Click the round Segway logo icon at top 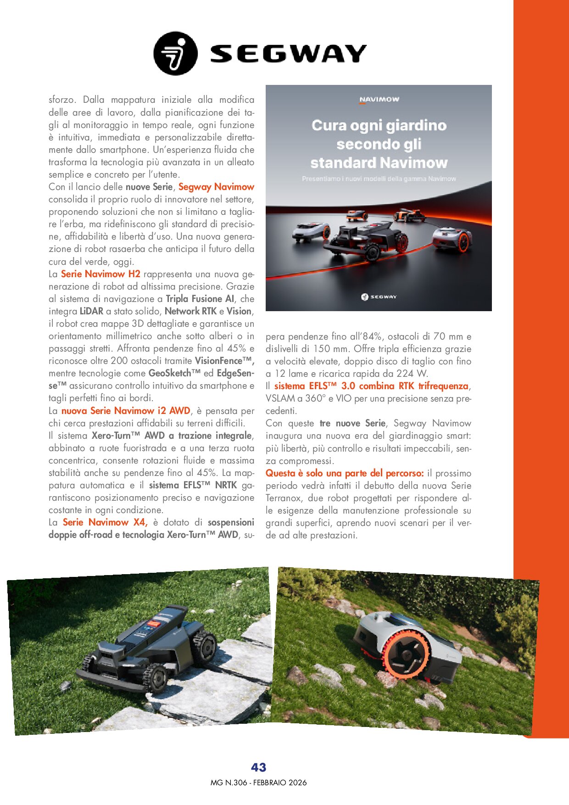[175, 53]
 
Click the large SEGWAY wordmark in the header [288, 54]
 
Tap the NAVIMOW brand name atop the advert [379, 99]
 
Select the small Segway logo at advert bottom [379, 297]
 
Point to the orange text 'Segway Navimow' [216, 187]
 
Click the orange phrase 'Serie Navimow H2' [100, 274]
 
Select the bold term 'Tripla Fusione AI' [200, 299]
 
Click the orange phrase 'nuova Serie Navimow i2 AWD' [126, 411]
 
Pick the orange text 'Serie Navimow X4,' [105, 522]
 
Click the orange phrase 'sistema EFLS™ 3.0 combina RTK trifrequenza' [371, 386]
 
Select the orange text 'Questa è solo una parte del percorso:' [345, 473]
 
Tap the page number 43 [258, 767]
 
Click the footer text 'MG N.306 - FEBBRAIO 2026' [258, 783]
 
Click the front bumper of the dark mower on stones [110, 682]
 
